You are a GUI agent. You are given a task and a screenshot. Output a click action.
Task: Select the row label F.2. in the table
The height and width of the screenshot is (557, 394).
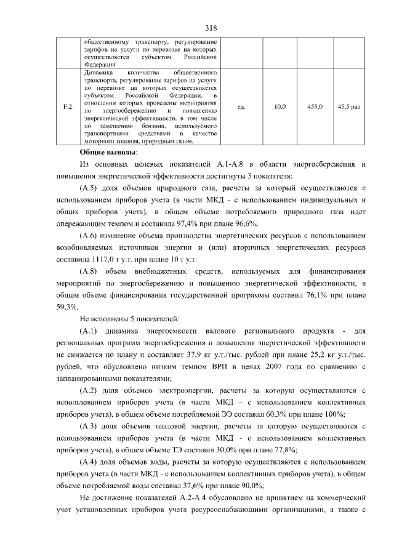[69, 107]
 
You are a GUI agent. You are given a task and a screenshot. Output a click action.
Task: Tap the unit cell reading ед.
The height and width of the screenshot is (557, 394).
[241, 107]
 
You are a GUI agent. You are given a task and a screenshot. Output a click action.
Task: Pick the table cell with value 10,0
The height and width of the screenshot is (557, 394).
[279, 107]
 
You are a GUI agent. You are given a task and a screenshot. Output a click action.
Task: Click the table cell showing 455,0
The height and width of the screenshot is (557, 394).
[315, 107]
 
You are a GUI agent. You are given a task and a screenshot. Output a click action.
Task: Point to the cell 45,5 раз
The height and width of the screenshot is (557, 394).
[349, 107]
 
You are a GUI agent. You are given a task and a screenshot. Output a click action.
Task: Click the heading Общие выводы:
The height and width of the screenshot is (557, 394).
[108, 152]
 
